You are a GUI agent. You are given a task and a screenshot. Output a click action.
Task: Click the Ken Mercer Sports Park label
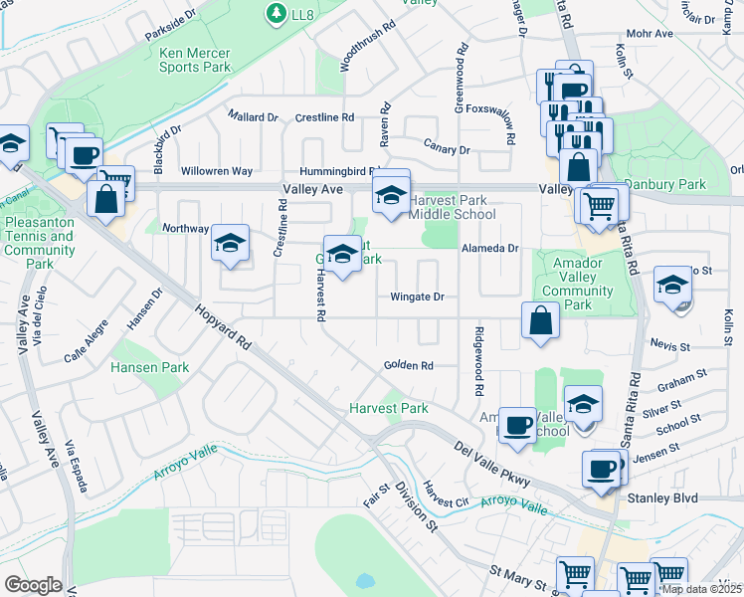tap(195, 60)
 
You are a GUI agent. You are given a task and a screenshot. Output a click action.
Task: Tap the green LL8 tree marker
tap(276, 13)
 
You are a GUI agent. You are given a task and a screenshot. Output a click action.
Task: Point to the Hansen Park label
tap(149, 367)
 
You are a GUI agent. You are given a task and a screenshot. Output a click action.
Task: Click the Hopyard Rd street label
tap(223, 327)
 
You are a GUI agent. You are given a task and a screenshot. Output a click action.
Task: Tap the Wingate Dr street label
tap(416, 297)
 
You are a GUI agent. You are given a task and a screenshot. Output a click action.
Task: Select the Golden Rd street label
tap(409, 366)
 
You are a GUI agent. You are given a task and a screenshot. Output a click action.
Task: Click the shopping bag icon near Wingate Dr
tap(540, 321)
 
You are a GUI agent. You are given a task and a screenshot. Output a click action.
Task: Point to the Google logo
tap(33, 585)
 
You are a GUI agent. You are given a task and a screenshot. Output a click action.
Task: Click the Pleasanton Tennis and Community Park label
tap(40, 244)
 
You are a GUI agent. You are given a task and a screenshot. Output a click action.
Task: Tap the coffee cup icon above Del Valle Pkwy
tap(516, 424)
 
